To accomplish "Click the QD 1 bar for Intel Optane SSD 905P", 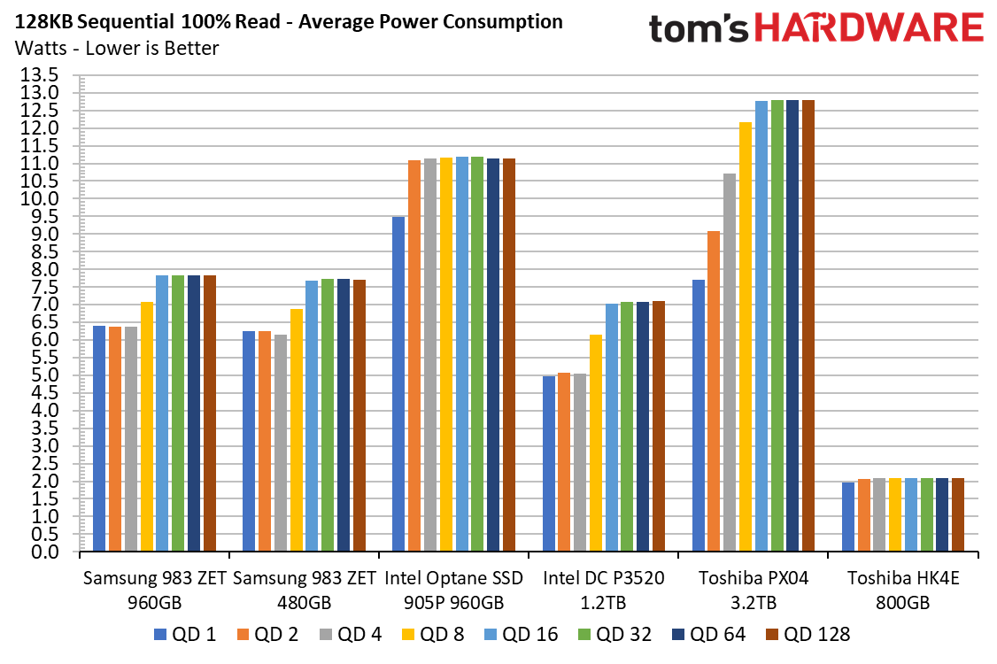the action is [398, 383].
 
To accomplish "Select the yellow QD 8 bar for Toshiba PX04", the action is [746, 336].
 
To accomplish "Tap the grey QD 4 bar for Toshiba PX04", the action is [730, 362].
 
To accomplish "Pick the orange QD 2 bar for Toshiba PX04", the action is [714, 391].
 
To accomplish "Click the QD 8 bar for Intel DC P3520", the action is [596, 443].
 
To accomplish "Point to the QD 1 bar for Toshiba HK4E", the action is [848, 516].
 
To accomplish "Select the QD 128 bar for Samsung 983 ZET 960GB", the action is [210, 413].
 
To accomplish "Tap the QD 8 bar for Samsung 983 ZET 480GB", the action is [297, 430].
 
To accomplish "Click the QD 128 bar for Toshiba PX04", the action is [808, 326].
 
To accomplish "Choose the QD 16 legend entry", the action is [521, 634].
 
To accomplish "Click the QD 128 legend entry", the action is [808, 634].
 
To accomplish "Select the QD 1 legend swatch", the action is [160, 634].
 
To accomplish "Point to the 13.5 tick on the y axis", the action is [39, 75].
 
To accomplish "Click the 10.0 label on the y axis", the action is [39, 198].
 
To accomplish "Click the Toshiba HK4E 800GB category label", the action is [903, 590].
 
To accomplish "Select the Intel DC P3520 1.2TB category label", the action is [603, 590].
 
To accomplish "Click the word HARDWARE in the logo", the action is [869, 28].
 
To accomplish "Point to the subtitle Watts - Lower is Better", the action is [117, 49].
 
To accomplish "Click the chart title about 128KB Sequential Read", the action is [289, 21].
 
